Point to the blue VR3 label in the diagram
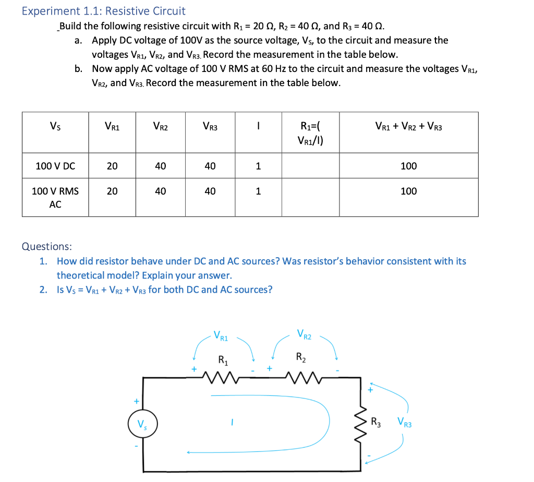[404, 423]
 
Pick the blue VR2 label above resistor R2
[304, 334]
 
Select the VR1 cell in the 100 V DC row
[112, 166]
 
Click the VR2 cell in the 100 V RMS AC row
[160, 191]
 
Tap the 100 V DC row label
[55, 166]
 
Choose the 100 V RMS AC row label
[55, 198]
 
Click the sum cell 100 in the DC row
[408, 166]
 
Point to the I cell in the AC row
[258, 191]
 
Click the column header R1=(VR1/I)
[310, 132]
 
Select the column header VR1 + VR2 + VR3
[408, 126]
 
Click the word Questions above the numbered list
[47, 246]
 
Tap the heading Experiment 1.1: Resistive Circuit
[103, 11]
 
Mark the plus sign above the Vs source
[136, 402]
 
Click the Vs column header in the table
[55, 126]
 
